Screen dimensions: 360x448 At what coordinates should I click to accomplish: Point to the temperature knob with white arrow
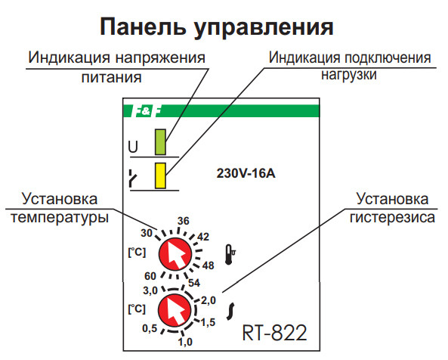175,255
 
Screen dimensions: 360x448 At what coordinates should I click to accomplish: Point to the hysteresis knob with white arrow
175,311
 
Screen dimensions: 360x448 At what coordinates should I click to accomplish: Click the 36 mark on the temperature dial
182,221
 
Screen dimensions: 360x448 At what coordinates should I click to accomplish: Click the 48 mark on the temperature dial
208,265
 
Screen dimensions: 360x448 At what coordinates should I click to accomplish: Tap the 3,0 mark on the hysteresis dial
150,290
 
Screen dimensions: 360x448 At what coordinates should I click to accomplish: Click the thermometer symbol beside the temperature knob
230,253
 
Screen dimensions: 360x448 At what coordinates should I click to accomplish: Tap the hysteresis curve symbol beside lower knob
233,309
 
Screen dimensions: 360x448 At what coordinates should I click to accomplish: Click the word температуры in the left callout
58,217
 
